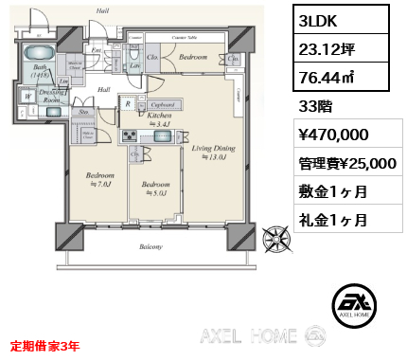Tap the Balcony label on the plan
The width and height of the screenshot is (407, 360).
tap(150, 246)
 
